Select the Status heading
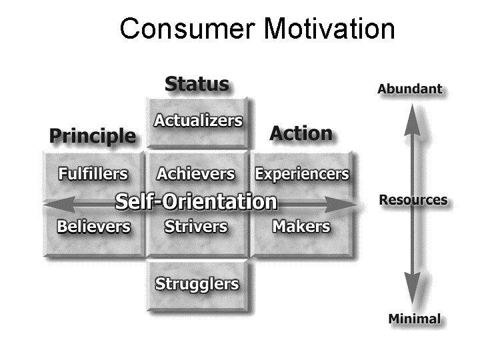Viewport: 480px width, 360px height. click(x=197, y=85)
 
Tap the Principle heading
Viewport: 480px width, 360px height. click(x=92, y=136)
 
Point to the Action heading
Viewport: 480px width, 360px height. click(x=301, y=133)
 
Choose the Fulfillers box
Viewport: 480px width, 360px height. click(x=93, y=175)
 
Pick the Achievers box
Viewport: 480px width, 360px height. click(x=196, y=175)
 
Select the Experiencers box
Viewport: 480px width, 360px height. click(x=301, y=175)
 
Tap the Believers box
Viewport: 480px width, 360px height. click(x=93, y=227)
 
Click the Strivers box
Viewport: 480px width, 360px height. click(x=196, y=227)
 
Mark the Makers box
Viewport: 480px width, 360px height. click(x=301, y=227)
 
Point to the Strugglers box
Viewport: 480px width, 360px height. click(x=197, y=284)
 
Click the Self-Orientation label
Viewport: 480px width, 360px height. click(x=196, y=201)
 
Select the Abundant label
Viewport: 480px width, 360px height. click(x=409, y=89)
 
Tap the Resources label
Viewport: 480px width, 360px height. click(x=413, y=200)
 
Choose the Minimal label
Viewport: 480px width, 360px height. click(x=414, y=319)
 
